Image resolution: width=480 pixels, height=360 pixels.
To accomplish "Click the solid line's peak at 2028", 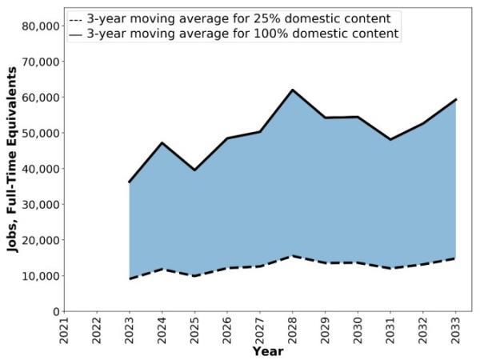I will [293, 90].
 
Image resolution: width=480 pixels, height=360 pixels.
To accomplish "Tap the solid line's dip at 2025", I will [194, 170].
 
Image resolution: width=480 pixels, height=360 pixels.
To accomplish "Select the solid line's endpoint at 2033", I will [455, 99].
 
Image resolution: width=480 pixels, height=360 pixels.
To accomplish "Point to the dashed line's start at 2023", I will [130, 278].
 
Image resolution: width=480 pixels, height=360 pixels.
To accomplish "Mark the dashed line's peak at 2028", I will [293, 256].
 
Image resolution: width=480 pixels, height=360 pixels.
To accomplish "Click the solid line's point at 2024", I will [162, 143].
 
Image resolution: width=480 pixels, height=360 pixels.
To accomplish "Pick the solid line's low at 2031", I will [390, 139].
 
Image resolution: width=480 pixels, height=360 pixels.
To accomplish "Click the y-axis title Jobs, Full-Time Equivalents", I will [13, 160].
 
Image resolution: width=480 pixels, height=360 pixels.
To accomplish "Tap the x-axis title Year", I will [267, 351].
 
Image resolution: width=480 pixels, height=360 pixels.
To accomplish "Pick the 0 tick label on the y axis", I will [54, 312].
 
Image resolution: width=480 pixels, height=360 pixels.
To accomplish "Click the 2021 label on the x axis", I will [65, 329].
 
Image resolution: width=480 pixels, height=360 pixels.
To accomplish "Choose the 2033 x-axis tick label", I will [456, 329].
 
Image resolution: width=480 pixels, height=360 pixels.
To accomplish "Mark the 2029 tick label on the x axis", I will [326, 329].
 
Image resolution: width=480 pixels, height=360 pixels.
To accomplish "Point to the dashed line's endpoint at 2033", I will [455, 258].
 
